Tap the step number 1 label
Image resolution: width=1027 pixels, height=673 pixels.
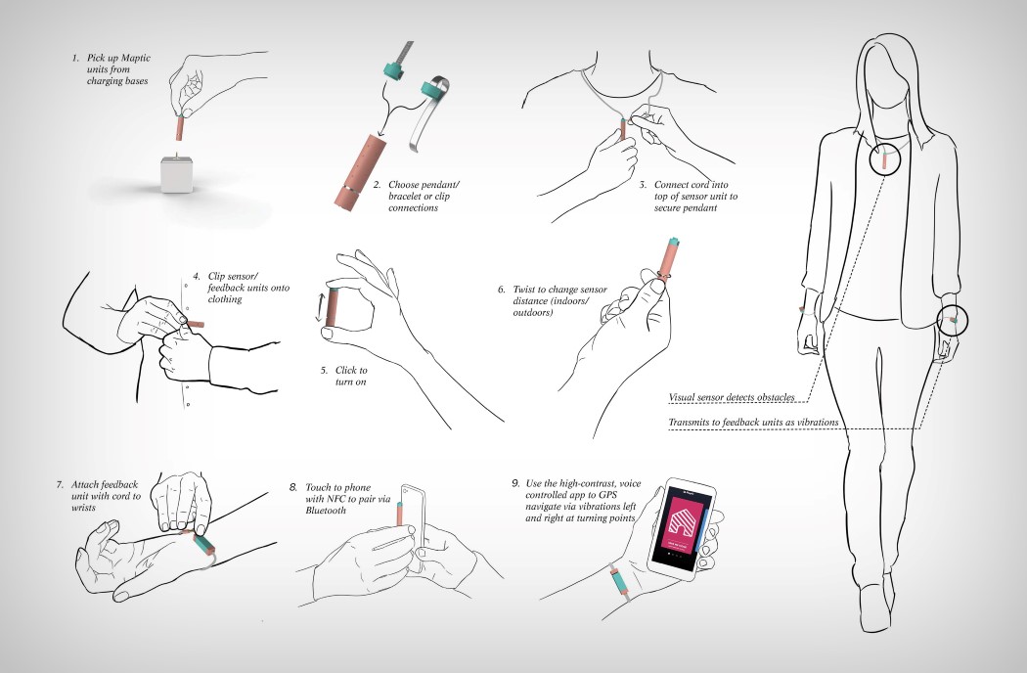[x=75, y=59]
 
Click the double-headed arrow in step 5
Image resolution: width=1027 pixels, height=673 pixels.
[x=317, y=306]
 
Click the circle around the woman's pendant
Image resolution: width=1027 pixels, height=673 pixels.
[x=883, y=159]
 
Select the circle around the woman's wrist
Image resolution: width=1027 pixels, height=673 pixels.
[x=952, y=320]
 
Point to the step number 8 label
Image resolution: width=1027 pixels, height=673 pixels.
[x=293, y=486]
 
